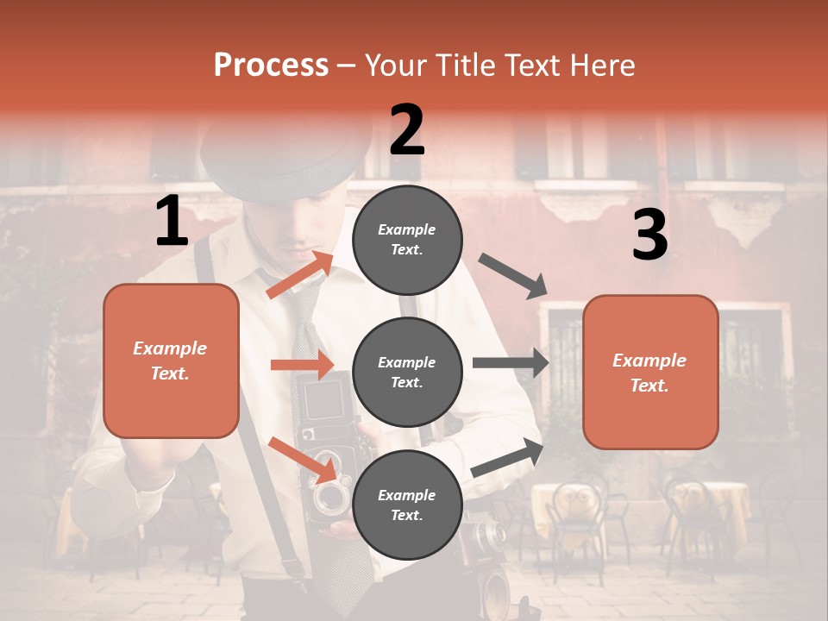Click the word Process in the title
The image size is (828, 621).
click(x=271, y=66)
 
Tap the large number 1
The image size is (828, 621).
click(x=172, y=222)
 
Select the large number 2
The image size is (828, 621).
click(x=407, y=130)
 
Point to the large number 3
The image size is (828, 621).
click(x=650, y=235)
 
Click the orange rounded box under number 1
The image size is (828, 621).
click(x=171, y=361)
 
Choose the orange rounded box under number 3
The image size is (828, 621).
click(x=650, y=373)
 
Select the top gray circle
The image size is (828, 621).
click(x=407, y=240)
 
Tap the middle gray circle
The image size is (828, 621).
click(x=407, y=372)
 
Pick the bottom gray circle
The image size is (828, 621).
click(x=407, y=505)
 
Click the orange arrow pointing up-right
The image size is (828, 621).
click(x=299, y=275)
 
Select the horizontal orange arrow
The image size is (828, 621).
click(x=302, y=366)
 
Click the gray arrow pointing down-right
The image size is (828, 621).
click(x=513, y=276)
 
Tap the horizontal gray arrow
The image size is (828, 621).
click(x=511, y=362)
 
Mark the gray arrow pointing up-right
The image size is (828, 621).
click(x=507, y=457)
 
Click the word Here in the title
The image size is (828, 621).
click(x=604, y=66)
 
